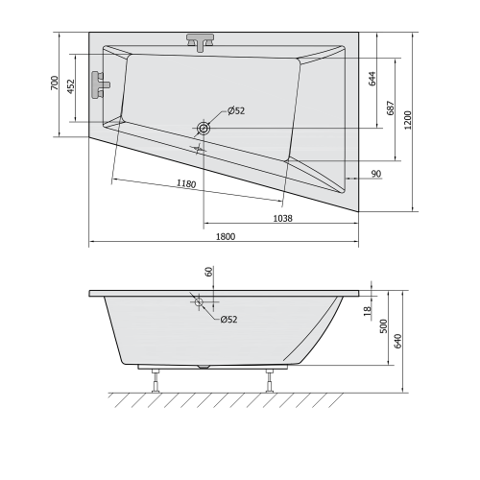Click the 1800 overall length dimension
[x=225, y=237]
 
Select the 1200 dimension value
[x=408, y=121]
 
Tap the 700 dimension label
[x=55, y=84]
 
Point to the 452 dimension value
[x=70, y=84]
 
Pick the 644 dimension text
[x=371, y=80]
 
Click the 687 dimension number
[x=390, y=108]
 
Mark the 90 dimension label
[x=375, y=173]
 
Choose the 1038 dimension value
[x=282, y=218]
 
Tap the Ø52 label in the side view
[x=228, y=319]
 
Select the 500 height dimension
[x=384, y=328]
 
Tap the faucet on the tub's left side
[x=98, y=84]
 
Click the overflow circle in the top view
[x=204, y=128]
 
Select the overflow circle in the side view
[x=200, y=302]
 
